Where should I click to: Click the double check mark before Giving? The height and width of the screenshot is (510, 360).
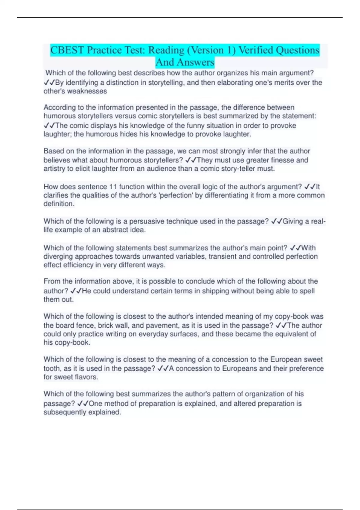pos(276,221)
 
